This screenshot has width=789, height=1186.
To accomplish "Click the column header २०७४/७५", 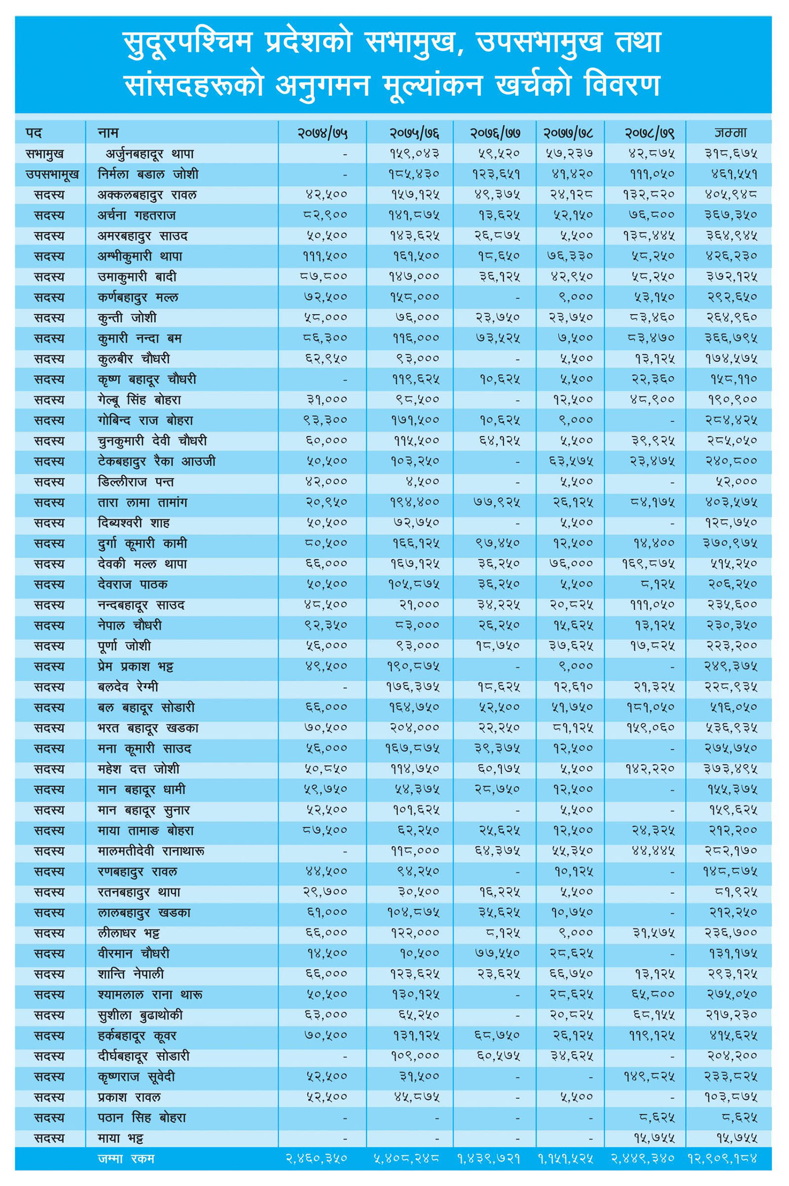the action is pos(322,133).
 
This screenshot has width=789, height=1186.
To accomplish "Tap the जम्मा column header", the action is pos(731,132).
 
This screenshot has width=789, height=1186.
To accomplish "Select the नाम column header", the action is pos(108,132).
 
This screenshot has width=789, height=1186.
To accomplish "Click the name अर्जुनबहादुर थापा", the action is pos(149,154).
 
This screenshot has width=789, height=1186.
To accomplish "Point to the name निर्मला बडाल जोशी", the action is pos(148,174).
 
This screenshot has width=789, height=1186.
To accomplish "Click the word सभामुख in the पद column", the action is pos(45,154).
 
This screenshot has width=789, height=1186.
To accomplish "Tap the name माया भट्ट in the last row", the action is pos(120,1138).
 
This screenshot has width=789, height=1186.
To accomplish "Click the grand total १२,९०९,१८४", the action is pos(722,1158).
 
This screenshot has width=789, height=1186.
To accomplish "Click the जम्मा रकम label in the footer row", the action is pos(126,1158).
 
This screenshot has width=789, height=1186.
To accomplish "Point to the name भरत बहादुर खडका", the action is pos(148,728).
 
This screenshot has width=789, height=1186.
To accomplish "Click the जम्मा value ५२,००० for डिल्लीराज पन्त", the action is pos(736,482).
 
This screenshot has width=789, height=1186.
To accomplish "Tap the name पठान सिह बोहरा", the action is pos(142,1117).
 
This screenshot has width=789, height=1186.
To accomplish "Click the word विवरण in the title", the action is pos(622,85).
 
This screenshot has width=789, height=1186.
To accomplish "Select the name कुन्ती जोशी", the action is pos(127,318).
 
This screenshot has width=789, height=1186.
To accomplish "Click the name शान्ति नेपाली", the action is pos(131,974).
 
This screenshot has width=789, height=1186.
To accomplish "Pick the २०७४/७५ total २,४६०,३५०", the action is pos(317,1158).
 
